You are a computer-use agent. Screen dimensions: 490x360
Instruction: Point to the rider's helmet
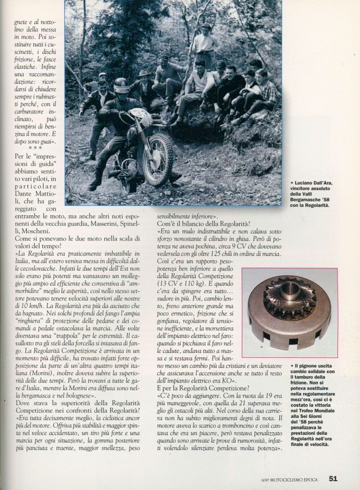click(x=122, y=85)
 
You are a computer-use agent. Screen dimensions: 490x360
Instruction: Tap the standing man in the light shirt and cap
click(x=205, y=44)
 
